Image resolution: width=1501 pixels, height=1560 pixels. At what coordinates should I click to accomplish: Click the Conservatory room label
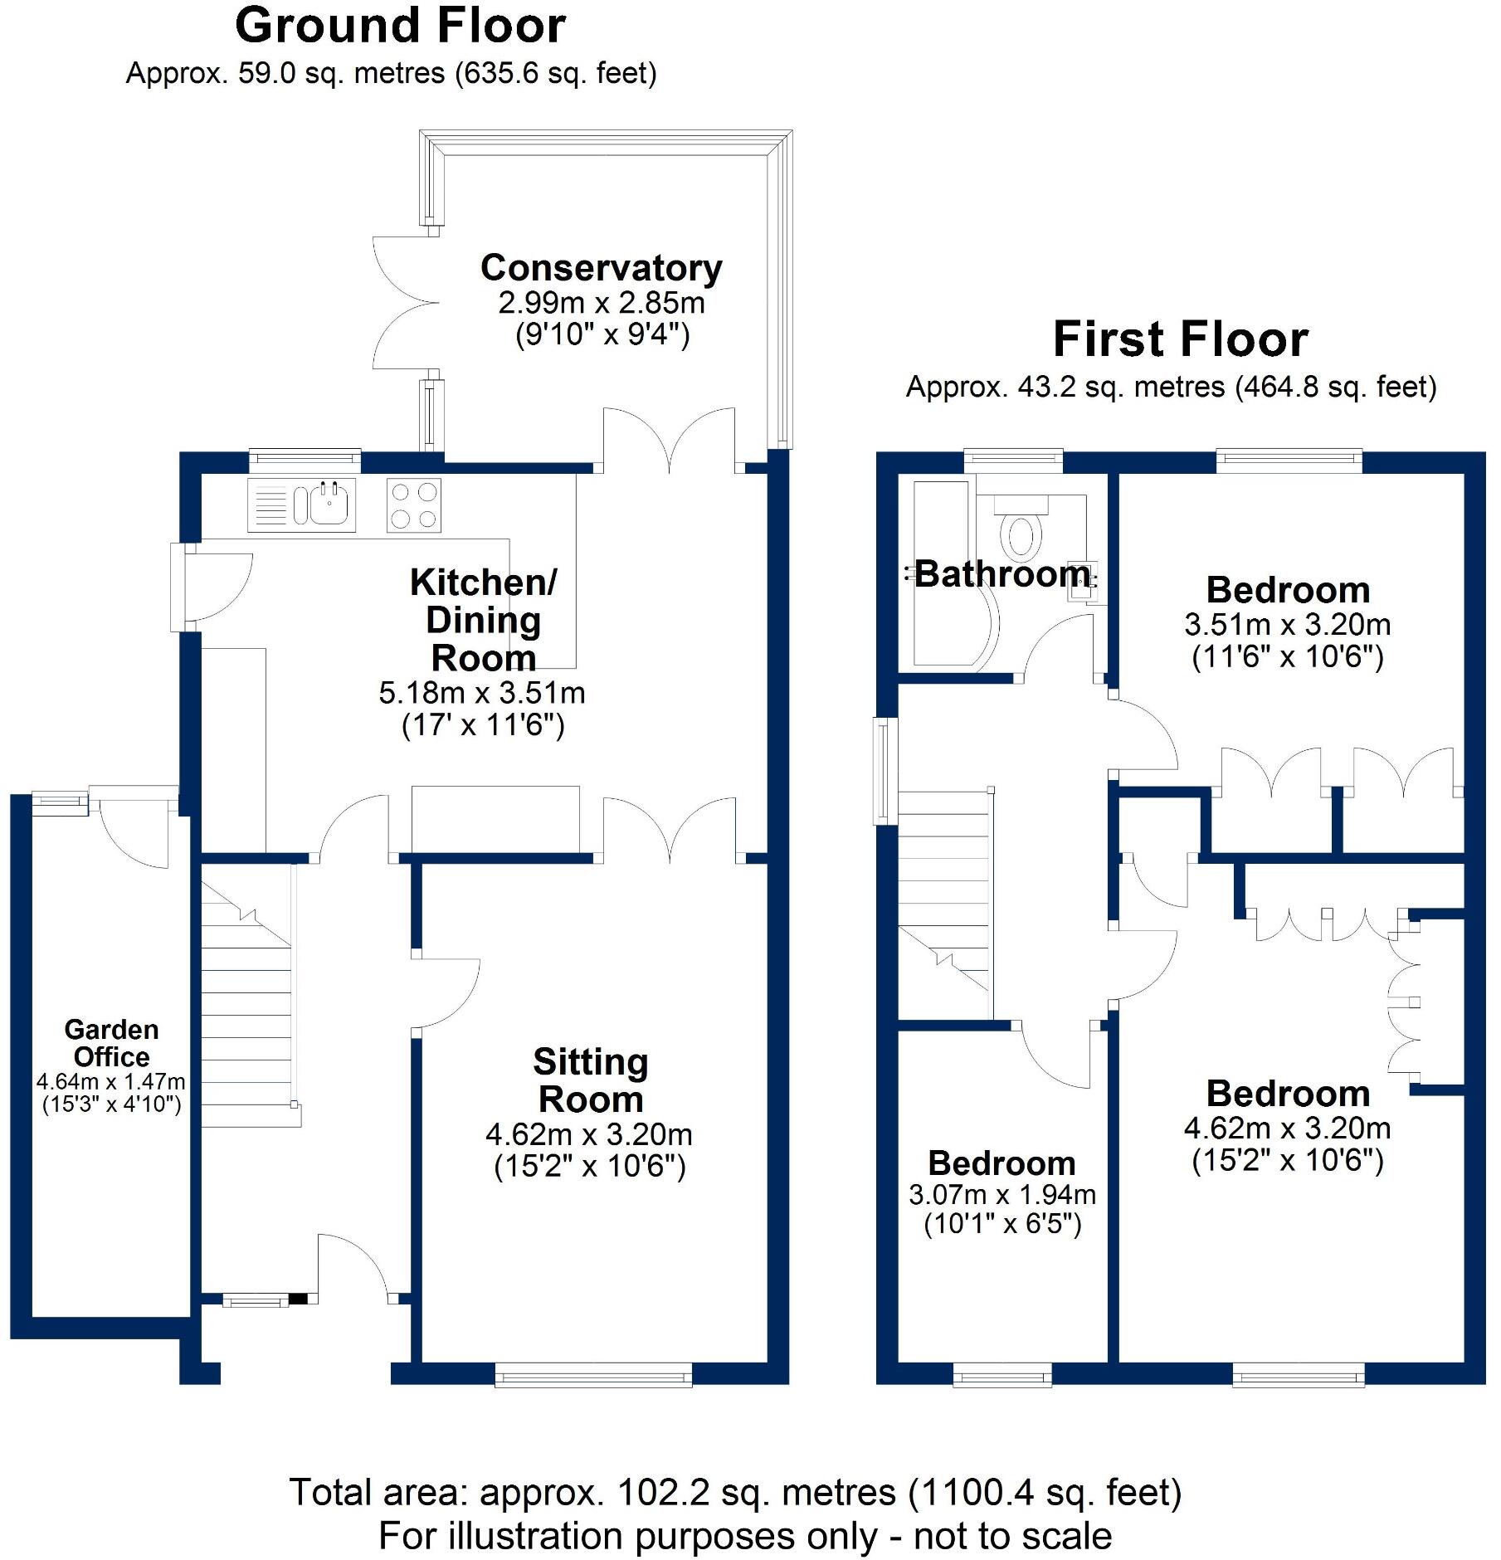[602, 268]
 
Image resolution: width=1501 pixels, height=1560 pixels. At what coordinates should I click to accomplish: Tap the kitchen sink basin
[330, 504]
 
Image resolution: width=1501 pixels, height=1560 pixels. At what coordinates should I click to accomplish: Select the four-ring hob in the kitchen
[413, 505]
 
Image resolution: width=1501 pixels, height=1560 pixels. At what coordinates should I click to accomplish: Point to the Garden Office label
[111, 1043]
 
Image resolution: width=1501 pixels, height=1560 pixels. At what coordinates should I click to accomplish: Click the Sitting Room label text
[590, 1080]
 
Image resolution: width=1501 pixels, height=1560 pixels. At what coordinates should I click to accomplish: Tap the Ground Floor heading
[401, 26]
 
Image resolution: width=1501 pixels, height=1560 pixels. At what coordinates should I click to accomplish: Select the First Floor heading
[1180, 339]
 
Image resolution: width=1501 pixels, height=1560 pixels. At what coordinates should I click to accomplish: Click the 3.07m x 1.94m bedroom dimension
[1002, 1195]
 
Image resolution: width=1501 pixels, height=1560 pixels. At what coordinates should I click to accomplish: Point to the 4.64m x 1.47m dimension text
[111, 1082]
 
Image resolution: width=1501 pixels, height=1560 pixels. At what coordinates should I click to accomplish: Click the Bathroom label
[1002, 574]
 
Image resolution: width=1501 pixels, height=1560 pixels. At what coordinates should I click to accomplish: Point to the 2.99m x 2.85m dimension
[602, 303]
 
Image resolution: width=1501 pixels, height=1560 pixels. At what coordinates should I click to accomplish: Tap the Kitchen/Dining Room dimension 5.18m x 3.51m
[482, 693]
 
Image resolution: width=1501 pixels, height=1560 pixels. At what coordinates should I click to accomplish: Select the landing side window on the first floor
[885, 771]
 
